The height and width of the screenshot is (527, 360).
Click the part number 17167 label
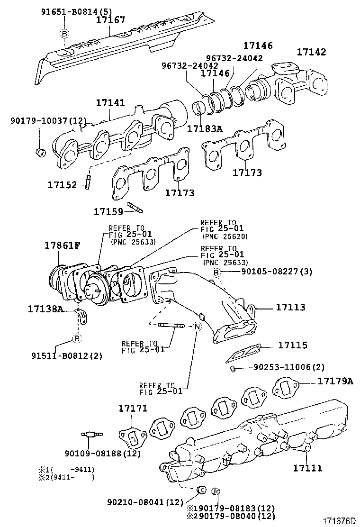pos(110,20)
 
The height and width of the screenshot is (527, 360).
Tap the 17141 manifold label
pos(110,103)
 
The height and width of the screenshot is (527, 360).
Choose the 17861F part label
pos(63,246)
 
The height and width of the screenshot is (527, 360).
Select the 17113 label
pos(291,307)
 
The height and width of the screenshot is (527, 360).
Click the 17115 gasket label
pos(292,345)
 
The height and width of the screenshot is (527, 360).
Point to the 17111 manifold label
pos(307,468)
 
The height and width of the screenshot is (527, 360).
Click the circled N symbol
pos(198,327)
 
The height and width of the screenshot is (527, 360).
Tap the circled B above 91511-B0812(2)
pos(77,338)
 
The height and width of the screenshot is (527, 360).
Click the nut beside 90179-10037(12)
pos(40,152)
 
